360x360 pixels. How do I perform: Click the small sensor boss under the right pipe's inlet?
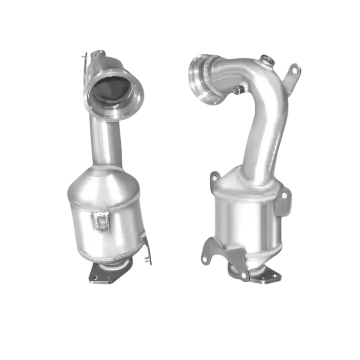[x=236, y=92]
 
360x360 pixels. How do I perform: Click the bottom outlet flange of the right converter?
[x=259, y=275]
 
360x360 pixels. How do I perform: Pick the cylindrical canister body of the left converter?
[x=104, y=228]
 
